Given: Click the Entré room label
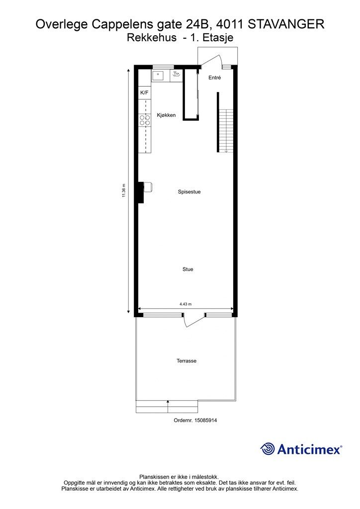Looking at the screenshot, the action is tap(215, 78).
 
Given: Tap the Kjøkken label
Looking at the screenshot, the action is tap(166, 115).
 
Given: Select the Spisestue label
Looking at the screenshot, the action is tap(189, 192).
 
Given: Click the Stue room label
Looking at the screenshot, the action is tap(187, 269).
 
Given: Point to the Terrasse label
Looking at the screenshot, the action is tap(186, 361).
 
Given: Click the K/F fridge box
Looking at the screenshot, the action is tap(145, 92).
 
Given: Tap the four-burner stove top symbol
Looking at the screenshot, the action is tap(145, 120).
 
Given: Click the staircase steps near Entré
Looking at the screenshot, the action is tap(226, 131).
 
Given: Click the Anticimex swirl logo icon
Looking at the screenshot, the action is tap(268, 449).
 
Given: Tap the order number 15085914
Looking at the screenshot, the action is tap(206, 420).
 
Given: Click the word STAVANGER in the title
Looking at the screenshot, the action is tap(285, 24).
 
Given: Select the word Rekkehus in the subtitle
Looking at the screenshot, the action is tap(152, 38).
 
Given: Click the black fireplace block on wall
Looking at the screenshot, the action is tap(141, 192).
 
